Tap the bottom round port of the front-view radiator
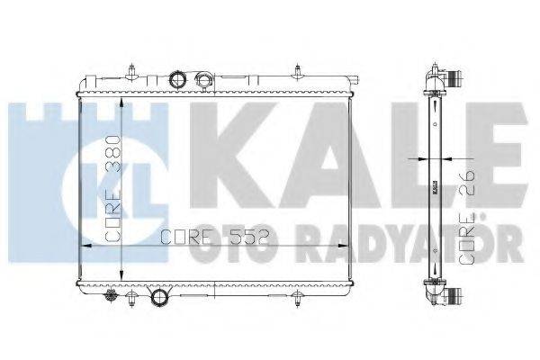[x=161, y=298]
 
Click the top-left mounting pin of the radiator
[x=131, y=67]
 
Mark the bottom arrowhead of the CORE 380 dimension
[x=121, y=281]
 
